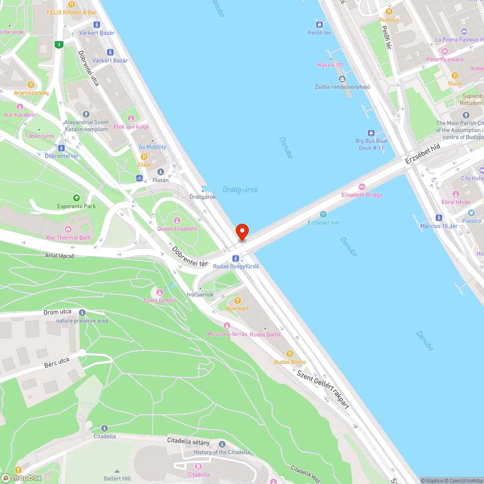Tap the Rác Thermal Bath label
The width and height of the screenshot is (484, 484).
68,238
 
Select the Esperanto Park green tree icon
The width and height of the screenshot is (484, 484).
76,198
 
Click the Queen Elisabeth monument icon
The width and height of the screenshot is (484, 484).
177,221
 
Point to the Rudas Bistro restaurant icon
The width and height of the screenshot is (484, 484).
290,354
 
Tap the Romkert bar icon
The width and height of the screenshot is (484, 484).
237,301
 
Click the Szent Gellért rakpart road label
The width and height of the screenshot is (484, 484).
323,389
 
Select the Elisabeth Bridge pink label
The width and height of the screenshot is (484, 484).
362,195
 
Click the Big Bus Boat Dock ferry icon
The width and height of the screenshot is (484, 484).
371,133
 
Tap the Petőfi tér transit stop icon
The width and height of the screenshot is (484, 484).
319,24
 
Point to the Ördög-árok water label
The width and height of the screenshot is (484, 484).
241,190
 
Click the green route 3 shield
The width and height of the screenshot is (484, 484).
59,45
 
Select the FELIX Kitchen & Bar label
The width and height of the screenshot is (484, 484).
72,12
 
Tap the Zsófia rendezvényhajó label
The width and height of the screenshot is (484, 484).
342,87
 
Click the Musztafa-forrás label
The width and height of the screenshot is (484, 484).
227,334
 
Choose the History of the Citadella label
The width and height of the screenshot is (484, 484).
222,452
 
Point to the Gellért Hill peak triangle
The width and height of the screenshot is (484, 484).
118,470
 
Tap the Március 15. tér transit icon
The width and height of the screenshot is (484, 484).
439,218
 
